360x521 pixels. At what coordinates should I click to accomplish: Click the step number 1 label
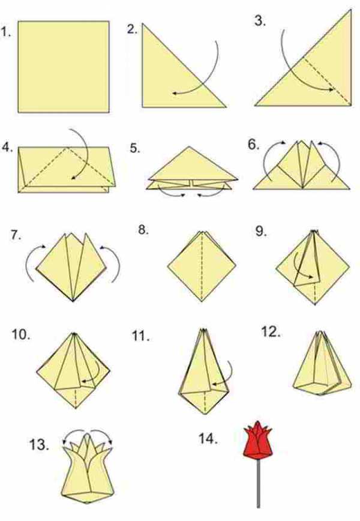click(5, 32)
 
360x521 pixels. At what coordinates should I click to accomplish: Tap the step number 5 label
click(135, 148)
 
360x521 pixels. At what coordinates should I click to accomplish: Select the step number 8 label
click(143, 230)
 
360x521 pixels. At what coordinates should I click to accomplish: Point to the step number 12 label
click(271, 331)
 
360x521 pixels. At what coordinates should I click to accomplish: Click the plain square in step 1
click(64, 67)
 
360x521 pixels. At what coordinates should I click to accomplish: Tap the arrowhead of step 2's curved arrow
click(175, 94)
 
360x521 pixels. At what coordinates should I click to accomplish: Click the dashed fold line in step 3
click(327, 82)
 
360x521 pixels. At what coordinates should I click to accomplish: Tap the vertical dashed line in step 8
click(202, 267)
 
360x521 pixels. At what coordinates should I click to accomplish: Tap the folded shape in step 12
click(322, 363)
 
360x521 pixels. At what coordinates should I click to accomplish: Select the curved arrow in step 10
click(97, 372)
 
